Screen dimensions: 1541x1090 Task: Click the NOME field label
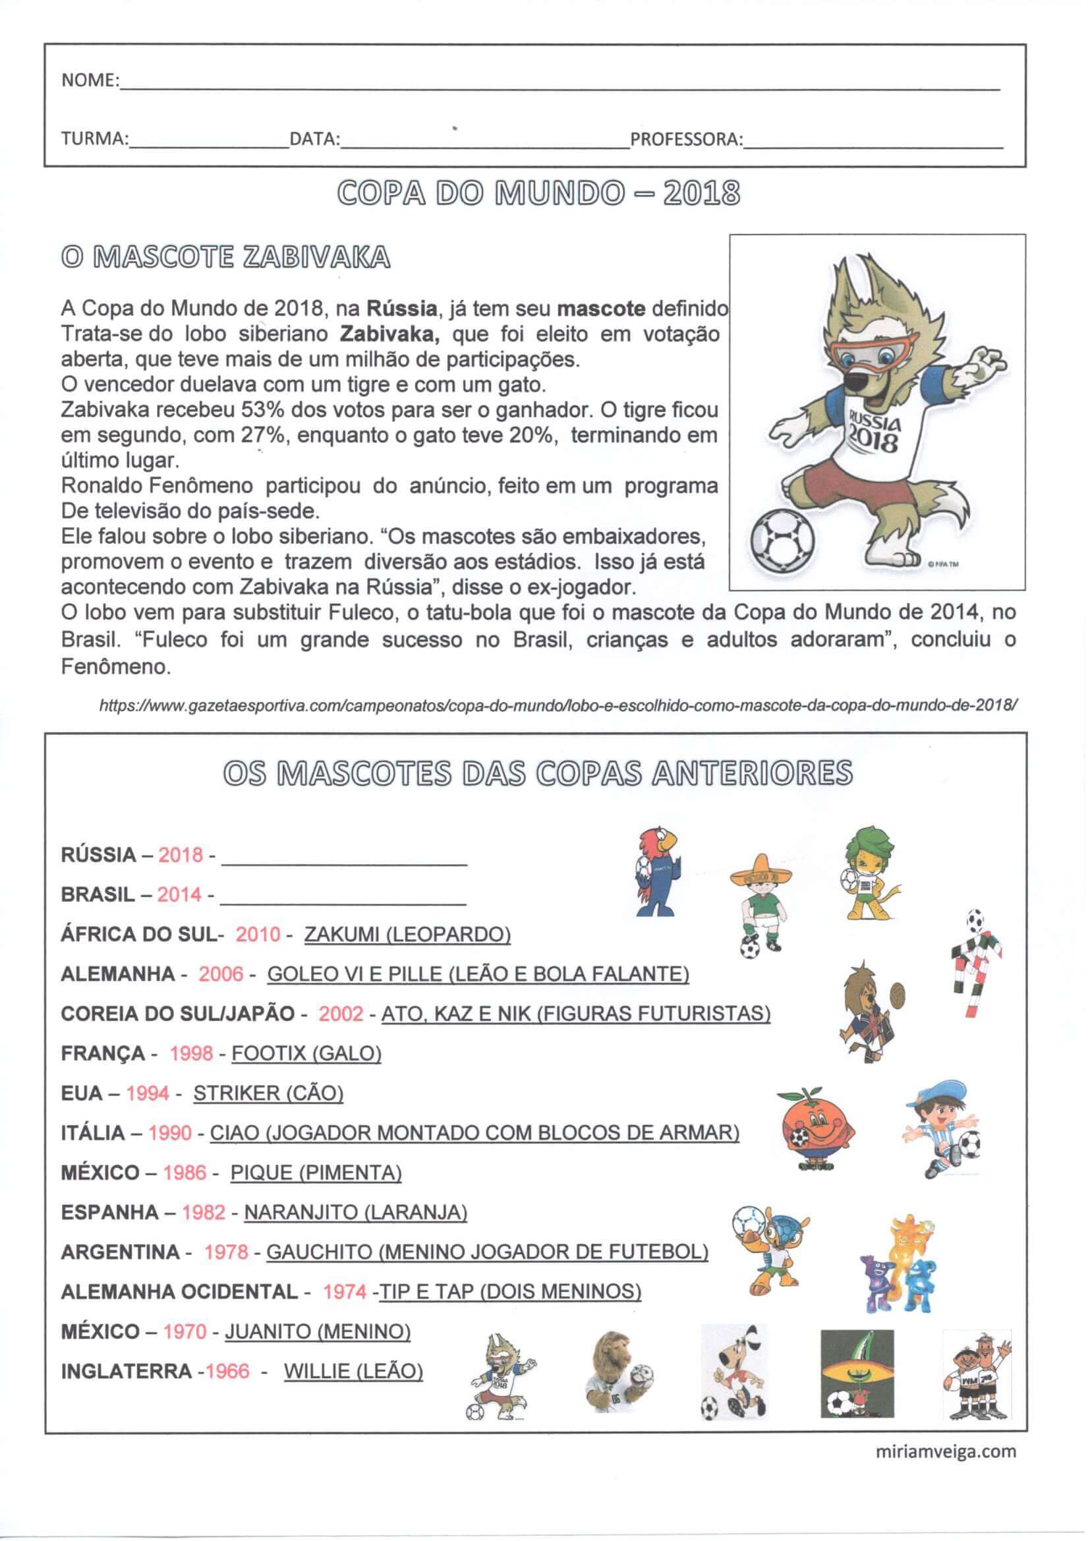tap(90, 81)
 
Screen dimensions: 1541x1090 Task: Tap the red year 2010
tap(258, 934)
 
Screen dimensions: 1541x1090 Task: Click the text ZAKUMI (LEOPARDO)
tap(407, 934)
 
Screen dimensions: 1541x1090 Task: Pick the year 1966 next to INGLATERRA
tap(227, 1370)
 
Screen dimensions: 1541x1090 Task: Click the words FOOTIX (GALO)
tap(306, 1053)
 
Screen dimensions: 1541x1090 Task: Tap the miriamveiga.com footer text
tap(946, 1452)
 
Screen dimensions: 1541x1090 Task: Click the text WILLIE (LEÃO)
tap(353, 1370)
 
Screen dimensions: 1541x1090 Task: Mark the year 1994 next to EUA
tap(148, 1093)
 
